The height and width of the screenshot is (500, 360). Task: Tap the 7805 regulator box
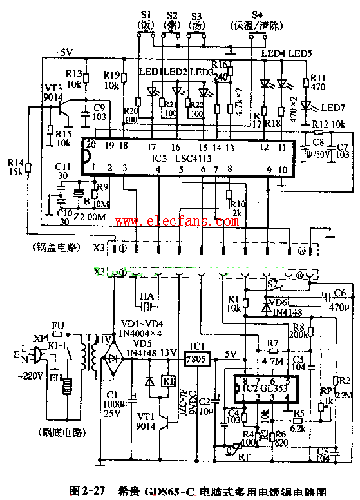193,358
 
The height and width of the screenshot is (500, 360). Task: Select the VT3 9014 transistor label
52,91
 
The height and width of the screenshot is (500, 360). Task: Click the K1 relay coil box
167,380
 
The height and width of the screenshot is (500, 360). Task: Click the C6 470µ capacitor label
340,303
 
